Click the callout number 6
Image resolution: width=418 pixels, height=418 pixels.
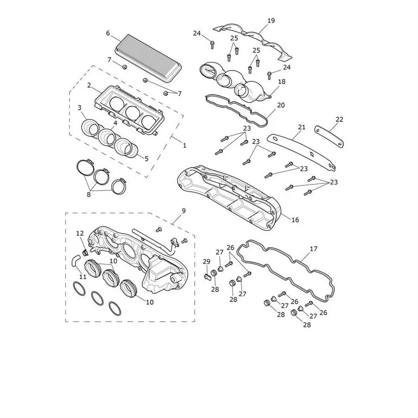tap(108, 33)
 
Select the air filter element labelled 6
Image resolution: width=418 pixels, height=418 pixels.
tap(148, 58)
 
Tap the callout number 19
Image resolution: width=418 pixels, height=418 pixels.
tap(271, 20)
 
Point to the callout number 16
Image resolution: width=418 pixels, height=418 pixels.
tap(295, 220)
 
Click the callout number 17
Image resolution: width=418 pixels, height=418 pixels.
tap(313, 249)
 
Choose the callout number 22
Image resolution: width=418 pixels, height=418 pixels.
tap(339, 120)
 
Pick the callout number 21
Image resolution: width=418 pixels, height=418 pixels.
tap(301, 127)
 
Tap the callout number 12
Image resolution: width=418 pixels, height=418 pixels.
tap(80, 233)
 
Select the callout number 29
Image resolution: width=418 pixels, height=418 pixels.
tap(206, 262)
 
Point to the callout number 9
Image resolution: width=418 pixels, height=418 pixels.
tap(184, 211)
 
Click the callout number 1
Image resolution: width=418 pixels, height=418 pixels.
tap(184, 146)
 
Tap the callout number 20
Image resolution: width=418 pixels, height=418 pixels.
tap(281, 106)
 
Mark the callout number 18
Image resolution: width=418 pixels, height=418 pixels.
tap(282, 82)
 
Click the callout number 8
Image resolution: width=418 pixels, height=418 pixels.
tap(89, 194)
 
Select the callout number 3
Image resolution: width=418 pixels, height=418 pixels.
tap(79, 108)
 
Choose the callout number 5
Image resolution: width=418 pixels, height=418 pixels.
tap(146, 159)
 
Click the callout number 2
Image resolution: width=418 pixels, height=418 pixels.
tap(89, 85)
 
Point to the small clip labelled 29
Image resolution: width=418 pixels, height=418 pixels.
tap(207, 276)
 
